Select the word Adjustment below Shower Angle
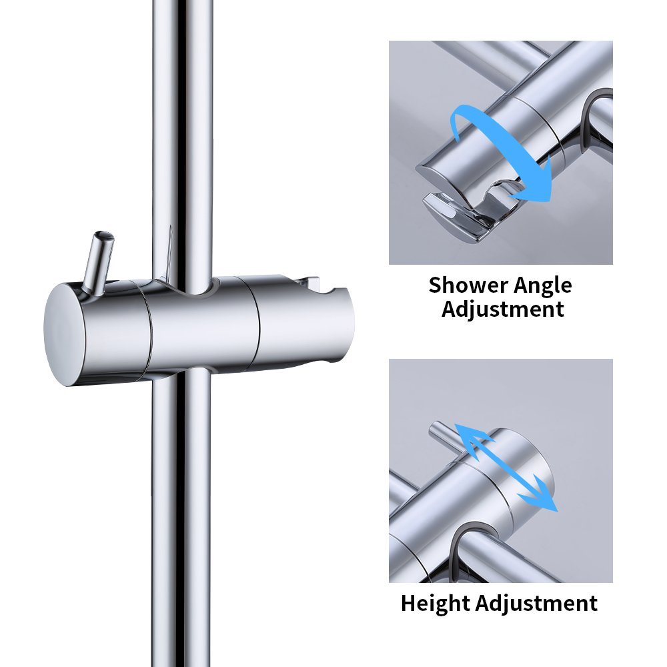pos(502,309)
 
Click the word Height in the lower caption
pos(436,603)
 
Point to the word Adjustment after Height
pos(537,603)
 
